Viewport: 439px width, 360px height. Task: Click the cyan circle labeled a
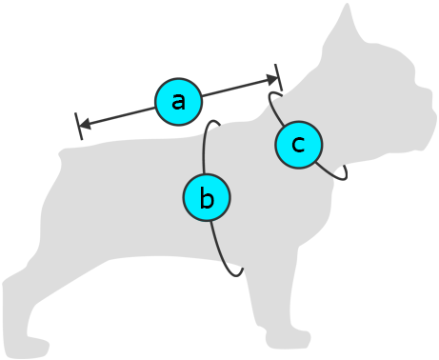(x=178, y=102)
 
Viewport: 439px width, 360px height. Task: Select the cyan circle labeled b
(x=207, y=197)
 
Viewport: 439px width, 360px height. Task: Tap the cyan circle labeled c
(x=299, y=145)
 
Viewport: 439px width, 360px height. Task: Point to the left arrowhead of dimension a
(x=85, y=124)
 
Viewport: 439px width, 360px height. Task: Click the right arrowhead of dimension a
(x=272, y=80)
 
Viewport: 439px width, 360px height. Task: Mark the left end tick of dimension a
(x=79, y=126)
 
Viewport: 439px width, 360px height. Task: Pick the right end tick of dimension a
(x=278, y=77)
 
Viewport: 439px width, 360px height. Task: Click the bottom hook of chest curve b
(x=237, y=273)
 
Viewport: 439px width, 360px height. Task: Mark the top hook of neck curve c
(x=274, y=93)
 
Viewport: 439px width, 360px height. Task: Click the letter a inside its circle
(x=178, y=102)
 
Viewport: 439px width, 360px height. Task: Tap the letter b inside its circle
(x=207, y=197)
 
